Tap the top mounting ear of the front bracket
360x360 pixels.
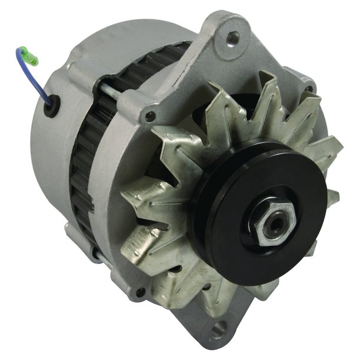point(226,41)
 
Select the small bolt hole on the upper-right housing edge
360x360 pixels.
point(308,89)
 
